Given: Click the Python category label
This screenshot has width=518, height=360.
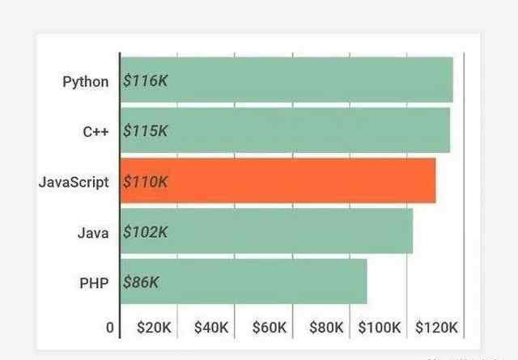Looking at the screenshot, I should pyautogui.click(x=85, y=81).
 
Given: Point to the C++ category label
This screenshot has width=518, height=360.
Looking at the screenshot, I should pyautogui.click(x=96, y=131).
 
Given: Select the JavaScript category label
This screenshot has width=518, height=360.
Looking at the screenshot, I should pyautogui.click(x=73, y=182).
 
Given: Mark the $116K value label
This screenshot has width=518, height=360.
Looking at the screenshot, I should pyautogui.click(x=145, y=81).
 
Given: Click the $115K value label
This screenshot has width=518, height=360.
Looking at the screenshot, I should pyautogui.click(x=145, y=131).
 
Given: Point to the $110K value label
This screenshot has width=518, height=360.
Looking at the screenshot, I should pyautogui.click(x=145, y=182).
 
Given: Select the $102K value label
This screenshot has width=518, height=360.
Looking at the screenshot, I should pyautogui.click(x=145, y=232).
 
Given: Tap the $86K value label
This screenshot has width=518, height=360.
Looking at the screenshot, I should pyautogui.click(x=141, y=282).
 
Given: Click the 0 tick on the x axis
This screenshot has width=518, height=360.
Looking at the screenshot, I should pyautogui.click(x=110, y=328).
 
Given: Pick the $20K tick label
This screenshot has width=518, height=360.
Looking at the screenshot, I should pyautogui.click(x=154, y=328).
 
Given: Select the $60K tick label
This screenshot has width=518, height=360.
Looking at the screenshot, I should pyautogui.click(x=269, y=328).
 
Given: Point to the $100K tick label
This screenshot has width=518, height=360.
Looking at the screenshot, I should pyautogui.click(x=380, y=328).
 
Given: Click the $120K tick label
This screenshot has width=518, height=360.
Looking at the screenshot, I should pyautogui.click(x=437, y=328).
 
